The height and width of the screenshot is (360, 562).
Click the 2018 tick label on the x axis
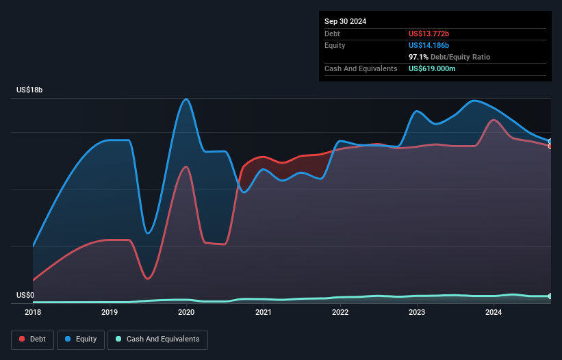point(33,312)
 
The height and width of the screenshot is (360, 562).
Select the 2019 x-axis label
point(110,312)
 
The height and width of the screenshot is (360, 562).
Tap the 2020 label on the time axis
point(187,312)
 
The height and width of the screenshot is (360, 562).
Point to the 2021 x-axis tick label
point(264,312)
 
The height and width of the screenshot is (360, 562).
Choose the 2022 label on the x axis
point(340,312)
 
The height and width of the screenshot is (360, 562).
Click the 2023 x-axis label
point(417,312)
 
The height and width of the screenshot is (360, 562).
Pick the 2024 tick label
point(494,312)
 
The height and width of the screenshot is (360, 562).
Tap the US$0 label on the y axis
point(25,295)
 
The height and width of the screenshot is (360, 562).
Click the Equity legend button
point(81,339)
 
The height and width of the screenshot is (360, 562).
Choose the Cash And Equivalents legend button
point(157,339)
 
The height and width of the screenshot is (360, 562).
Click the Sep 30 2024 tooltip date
point(345,21)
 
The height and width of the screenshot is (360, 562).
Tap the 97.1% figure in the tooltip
point(418,57)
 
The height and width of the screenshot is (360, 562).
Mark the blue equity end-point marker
point(550,142)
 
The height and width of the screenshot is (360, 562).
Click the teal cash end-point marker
point(550,296)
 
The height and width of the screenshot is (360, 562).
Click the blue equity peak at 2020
point(186,99)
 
